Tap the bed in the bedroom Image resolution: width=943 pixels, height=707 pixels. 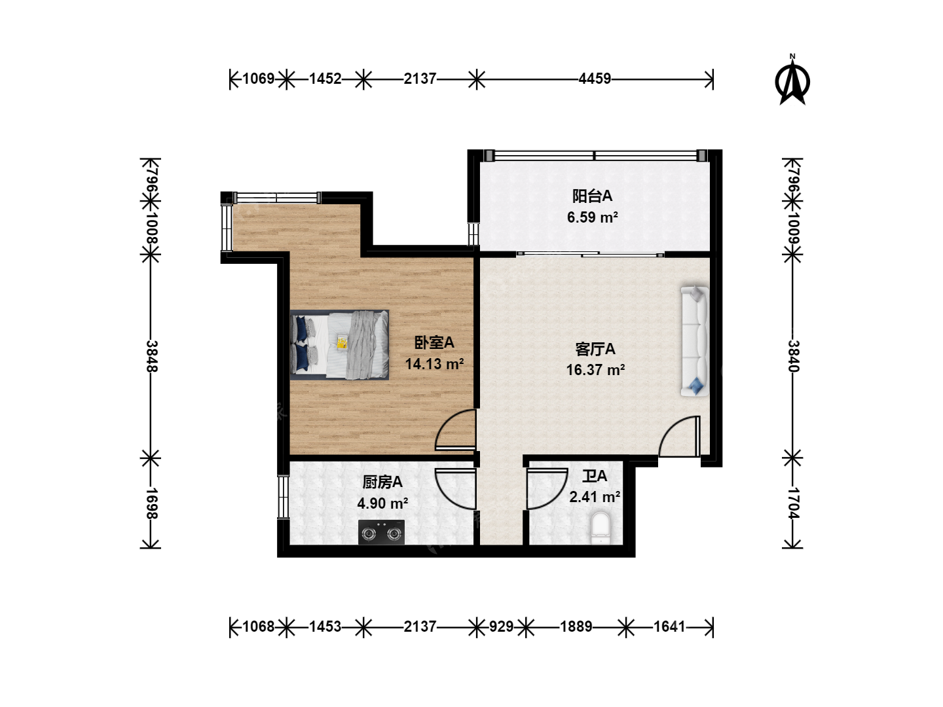click(339, 345)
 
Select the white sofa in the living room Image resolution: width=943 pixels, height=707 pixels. click(694, 341)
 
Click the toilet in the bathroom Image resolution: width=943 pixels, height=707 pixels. click(601, 528)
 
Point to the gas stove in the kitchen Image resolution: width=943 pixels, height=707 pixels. click(381, 532)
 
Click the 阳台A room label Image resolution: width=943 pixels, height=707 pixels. click(592, 196)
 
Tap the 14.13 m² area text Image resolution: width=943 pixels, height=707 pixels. click(434, 364)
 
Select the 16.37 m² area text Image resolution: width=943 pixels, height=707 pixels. click(595, 370)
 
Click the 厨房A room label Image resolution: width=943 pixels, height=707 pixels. click(382, 482)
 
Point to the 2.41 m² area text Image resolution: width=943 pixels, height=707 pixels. click(595, 497)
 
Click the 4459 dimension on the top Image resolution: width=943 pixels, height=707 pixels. click(595, 79)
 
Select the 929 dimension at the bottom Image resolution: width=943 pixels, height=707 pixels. click(502, 626)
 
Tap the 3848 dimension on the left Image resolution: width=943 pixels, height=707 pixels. click(152, 356)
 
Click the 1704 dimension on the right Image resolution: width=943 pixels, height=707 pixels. click(793, 503)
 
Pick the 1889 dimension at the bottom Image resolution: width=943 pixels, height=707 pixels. click(576, 626)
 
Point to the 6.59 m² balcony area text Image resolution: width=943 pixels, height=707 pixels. click(593, 217)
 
